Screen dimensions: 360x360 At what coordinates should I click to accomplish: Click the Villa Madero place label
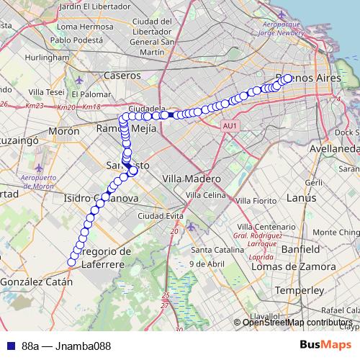pos(191,178)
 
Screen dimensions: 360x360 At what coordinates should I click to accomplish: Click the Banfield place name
pos(301,248)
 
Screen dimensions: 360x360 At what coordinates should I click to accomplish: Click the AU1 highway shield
pos(230,126)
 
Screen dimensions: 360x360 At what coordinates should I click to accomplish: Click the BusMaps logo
pos(325,345)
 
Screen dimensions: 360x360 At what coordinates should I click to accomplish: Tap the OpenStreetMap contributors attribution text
pos(297,323)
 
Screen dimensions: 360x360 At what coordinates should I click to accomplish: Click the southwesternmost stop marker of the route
pos(71,262)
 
